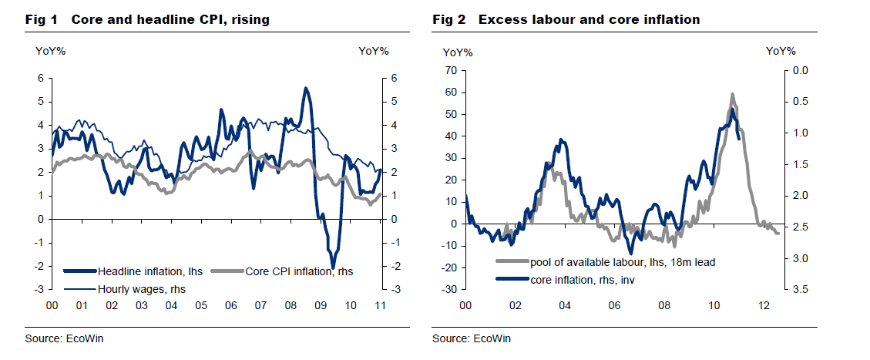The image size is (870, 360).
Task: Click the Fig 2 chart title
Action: (x=566, y=19)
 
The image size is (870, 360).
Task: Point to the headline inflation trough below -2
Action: (x=333, y=266)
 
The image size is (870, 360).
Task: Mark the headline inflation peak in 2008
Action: (x=306, y=89)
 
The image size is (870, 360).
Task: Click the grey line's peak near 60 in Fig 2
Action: (x=732, y=95)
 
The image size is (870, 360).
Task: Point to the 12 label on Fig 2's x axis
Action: (x=762, y=306)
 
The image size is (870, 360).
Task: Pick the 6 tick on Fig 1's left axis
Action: (x=41, y=79)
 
